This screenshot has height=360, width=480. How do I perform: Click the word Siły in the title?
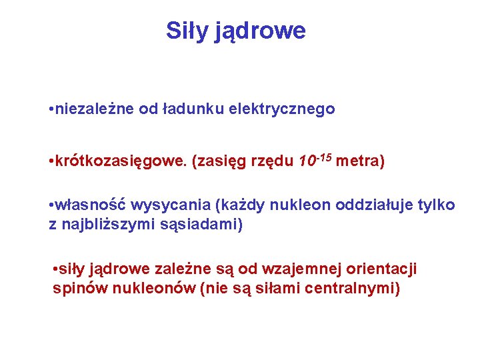pos(187,31)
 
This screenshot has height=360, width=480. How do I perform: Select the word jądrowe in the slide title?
pos(261,31)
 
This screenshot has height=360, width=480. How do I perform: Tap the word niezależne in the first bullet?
pos(95,109)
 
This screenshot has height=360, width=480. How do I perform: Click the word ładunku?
pos(191,109)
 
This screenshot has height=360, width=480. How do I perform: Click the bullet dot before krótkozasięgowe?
pos(52,162)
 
